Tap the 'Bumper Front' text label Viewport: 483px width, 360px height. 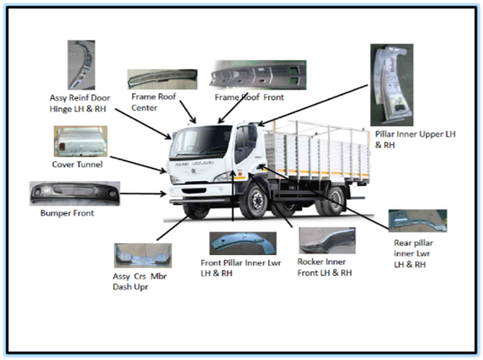[x=67, y=213]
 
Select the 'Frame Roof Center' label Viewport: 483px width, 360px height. [x=154, y=102]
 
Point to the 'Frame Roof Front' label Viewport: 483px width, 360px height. [x=249, y=97]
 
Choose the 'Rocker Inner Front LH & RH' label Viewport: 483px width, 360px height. [x=324, y=267]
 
